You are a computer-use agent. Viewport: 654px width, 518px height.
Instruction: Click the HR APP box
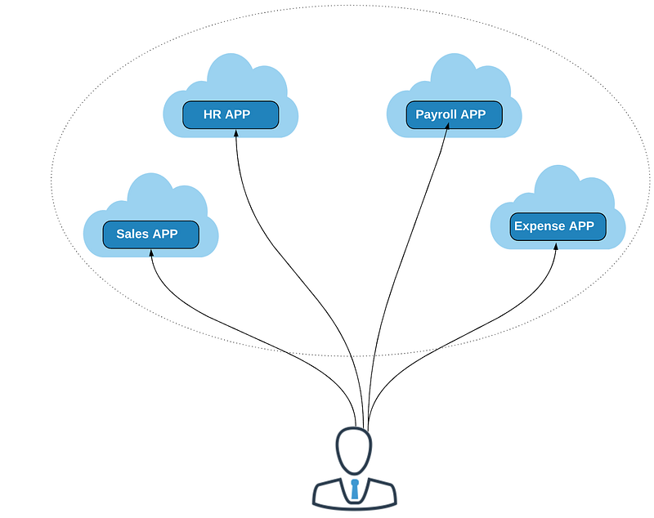[231, 114]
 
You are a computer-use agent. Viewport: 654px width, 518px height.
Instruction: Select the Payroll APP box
[455, 114]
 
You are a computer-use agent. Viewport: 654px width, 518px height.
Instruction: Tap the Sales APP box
[151, 234]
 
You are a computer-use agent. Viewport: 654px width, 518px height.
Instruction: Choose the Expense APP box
[558, 226]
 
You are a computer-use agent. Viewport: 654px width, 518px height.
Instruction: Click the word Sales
[132, 234]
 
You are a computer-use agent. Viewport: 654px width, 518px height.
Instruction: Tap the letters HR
[212, 114]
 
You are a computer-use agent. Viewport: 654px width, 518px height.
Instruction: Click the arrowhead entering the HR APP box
[235, 133]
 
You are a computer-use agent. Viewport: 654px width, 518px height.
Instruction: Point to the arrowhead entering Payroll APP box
[446, 126]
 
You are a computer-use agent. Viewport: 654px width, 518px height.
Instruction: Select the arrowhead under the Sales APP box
[151, 252]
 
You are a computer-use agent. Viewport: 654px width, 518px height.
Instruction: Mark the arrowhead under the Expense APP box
[556, 246]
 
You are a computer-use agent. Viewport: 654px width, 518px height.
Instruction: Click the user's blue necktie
[355, 489]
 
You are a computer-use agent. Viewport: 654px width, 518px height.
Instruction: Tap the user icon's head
[354, 450]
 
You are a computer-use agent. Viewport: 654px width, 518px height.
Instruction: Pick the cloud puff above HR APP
[231, 75]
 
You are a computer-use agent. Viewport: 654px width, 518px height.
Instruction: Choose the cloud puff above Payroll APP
[455, 75]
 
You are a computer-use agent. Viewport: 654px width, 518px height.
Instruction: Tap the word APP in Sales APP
[165, 234]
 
